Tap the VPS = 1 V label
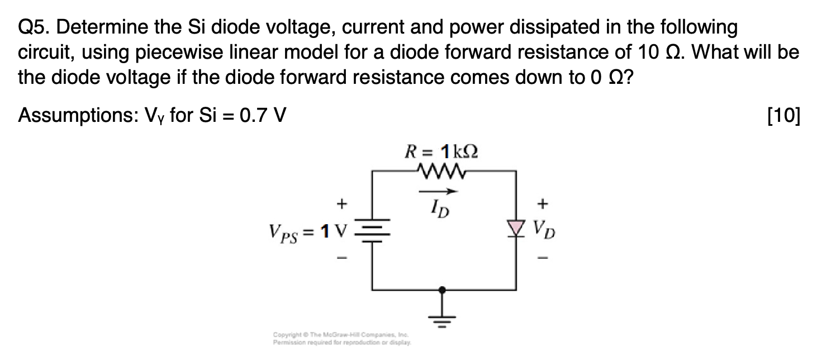307,230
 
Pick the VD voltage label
544,229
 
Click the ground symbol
443,320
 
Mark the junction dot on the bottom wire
443,290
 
